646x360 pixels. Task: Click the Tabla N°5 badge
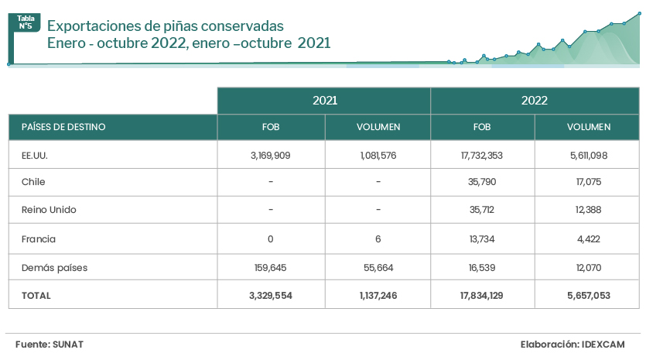point(26,22)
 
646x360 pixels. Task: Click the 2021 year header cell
point(324,101)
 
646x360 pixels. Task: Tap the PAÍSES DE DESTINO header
point(63,127)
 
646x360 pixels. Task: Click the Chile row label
point(33,182)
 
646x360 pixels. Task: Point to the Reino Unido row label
point(49,210)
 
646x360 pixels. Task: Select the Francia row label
point(39,239)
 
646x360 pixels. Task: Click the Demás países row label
point(54,268)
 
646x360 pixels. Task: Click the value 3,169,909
point(270,155)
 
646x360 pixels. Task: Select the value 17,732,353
point(482,155)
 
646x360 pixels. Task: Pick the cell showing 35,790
point(482,182)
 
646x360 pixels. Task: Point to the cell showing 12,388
point(588,210)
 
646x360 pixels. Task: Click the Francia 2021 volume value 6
point(378,239)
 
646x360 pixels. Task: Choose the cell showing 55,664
point(378,268)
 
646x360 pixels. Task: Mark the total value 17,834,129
point(482,295)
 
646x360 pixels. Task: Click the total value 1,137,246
point(378,295)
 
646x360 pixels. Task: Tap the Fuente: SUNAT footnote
point(48,343)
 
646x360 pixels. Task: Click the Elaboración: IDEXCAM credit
point(572,343)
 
